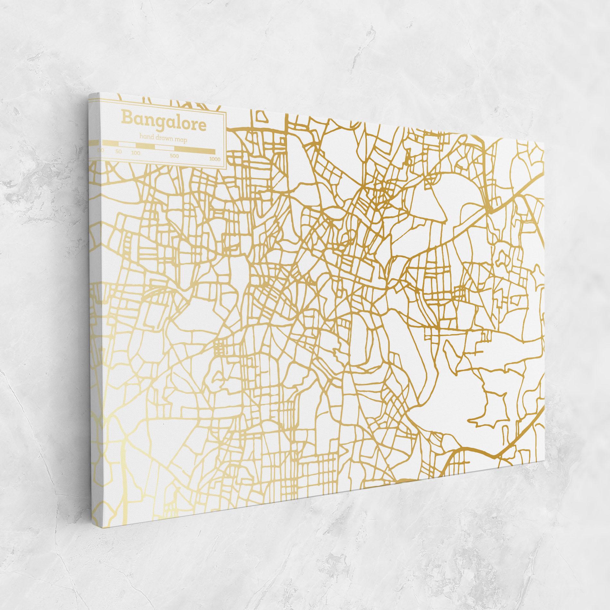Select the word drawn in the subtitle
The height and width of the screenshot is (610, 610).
[164, 138]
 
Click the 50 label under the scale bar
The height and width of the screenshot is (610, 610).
[118, 152]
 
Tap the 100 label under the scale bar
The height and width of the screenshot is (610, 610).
[136, 153]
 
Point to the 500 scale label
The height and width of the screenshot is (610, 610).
[174, 156]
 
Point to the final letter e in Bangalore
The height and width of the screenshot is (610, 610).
[202, 126]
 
